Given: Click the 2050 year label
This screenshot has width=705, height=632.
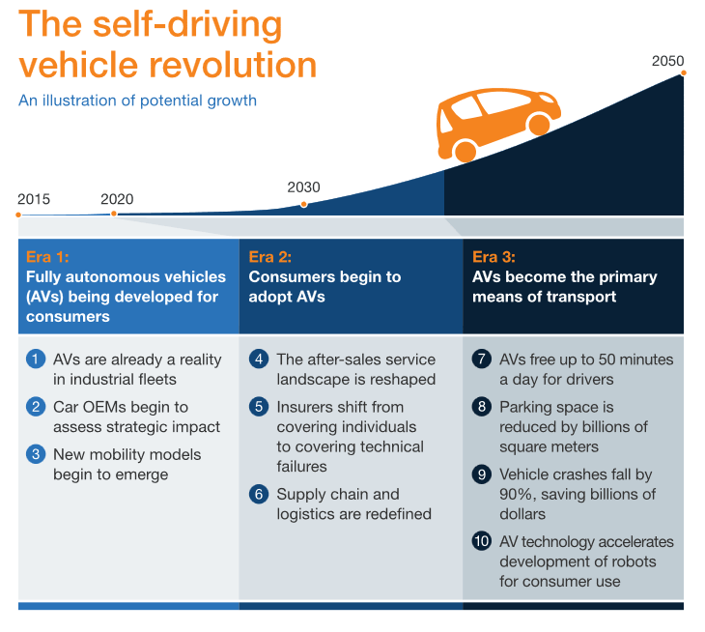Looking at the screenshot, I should [x=667, y=60].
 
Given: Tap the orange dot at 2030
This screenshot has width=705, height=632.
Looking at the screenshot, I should [x=304, y=204].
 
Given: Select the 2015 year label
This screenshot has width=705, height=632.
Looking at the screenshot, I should [x=33, y=199].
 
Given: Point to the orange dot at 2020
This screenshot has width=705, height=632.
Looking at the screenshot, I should [x=114, y=214].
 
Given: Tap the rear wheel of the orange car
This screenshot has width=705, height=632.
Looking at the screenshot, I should [x=465, y=151].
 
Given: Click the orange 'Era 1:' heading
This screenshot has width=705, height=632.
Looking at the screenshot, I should [x=47, y=257].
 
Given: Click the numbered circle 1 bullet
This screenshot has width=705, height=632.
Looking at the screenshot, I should [x=36, y=359].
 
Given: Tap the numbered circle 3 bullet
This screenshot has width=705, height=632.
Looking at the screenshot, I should [x=36, y=454].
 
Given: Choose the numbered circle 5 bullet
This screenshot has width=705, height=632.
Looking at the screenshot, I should [x=258, y=407].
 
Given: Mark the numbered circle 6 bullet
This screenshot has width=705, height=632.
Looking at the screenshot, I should [x=258, y=495].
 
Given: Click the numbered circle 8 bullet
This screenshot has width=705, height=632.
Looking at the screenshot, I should [x=481, y=407].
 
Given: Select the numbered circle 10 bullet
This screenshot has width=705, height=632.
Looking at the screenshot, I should [x=481, y=541].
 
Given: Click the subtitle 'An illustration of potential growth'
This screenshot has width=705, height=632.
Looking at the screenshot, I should [x=137, y=101].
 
